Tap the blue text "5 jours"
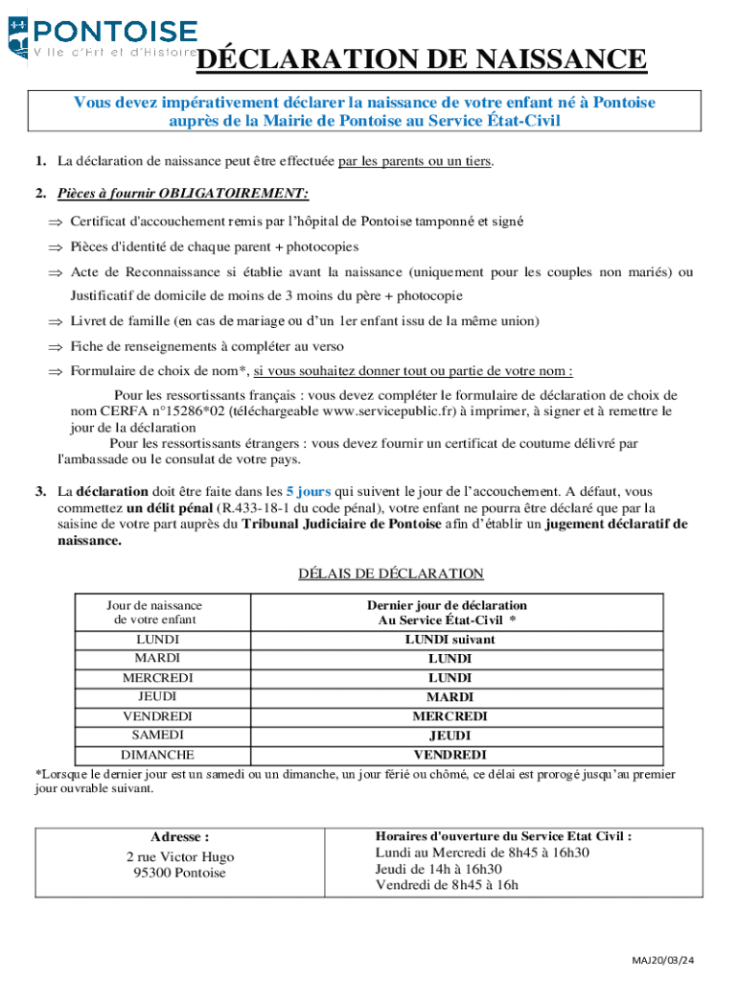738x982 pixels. tap(308, 491)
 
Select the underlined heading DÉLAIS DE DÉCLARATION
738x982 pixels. tap(391, 573)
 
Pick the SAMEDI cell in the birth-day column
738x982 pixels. tap(157, 735)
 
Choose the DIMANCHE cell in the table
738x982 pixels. tap(157, 755)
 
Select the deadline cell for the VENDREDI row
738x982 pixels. tap(450, 716)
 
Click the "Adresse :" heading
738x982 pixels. tap(180, 836)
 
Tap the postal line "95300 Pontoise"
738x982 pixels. tap(180, 873)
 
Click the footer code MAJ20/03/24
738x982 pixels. tap(663, 960)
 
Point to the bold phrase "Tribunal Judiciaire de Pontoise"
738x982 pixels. tap(342, 525)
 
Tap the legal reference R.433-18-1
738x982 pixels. tap(259, 508)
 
